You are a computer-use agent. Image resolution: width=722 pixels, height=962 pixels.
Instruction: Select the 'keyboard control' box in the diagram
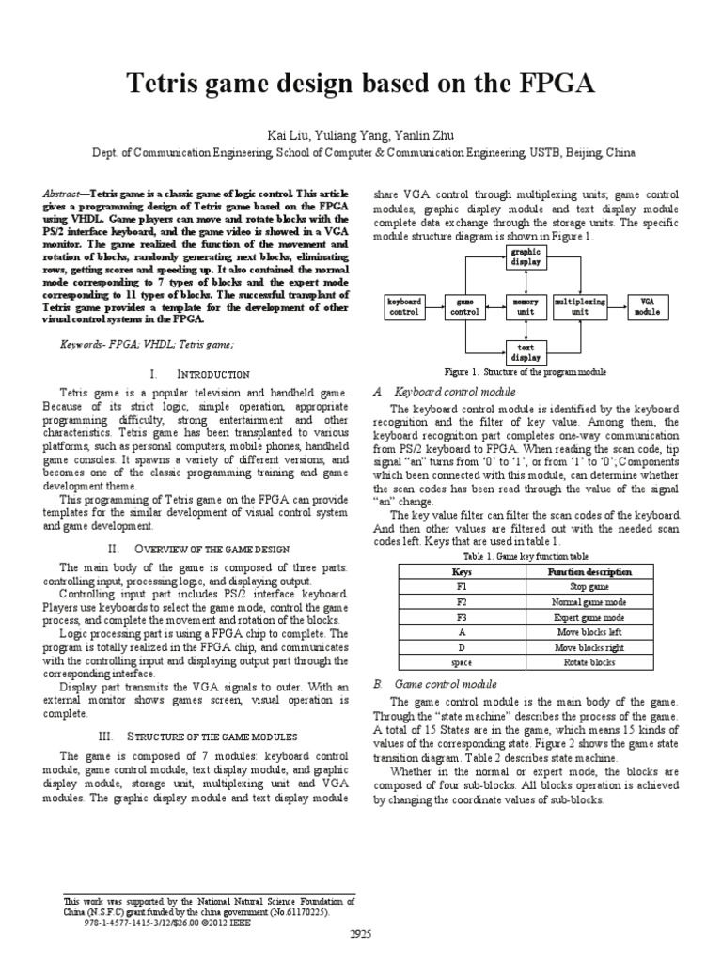point(405,306)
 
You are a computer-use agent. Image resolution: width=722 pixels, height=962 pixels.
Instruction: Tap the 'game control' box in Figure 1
point(465,306)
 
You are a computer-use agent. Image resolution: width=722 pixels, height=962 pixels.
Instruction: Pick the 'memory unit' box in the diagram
point(524,306)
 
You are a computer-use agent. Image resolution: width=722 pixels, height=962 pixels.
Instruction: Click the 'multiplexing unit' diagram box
point(580,306)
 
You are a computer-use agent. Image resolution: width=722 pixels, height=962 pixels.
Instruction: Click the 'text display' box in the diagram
point(524,352)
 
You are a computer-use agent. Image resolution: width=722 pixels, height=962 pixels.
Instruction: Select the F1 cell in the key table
point(462,585)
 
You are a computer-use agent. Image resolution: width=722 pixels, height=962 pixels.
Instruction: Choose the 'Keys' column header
point(462,571)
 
